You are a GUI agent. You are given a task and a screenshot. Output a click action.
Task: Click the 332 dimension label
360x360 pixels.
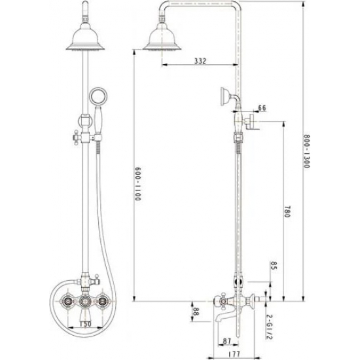pos(200,61)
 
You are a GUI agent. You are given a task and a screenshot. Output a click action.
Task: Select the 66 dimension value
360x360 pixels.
pos(262,107)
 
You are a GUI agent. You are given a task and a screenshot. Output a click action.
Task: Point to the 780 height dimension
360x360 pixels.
pos(289,213)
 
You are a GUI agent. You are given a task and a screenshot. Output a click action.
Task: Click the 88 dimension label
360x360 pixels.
pos(195,312)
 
